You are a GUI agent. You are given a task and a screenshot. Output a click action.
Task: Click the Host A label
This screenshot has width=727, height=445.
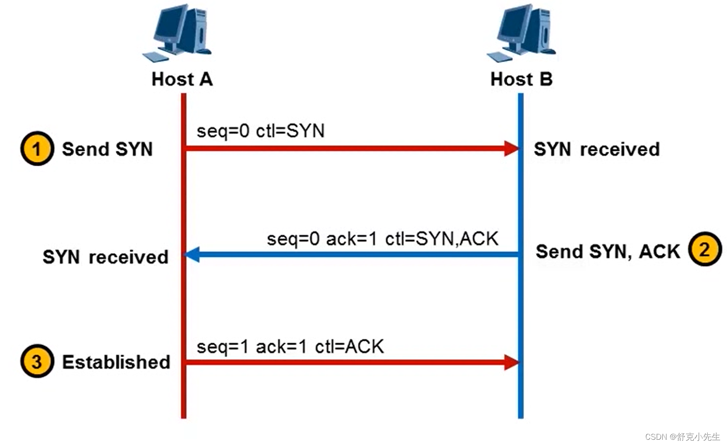tap(182, 80)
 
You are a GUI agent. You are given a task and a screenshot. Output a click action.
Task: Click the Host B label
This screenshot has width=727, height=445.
tap(521, 80)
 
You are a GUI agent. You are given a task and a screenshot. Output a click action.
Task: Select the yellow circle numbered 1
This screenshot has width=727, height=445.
tap(37, 149)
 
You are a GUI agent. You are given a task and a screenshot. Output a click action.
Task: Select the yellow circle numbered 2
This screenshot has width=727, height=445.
tap(704, 249)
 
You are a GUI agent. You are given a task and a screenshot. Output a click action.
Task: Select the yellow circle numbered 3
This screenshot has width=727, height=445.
tap(37, 362)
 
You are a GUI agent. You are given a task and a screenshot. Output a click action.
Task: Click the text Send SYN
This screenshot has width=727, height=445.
tap(107, 149)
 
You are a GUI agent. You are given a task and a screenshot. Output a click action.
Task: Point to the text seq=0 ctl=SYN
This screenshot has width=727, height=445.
tap(260, 131)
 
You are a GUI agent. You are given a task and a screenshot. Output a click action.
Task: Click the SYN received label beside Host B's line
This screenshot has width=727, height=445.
tap(596, 149)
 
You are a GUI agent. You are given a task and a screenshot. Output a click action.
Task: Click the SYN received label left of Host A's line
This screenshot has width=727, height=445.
tap(105, 257)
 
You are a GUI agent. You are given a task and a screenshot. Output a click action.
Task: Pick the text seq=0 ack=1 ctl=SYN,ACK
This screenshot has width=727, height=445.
tap(382, 239)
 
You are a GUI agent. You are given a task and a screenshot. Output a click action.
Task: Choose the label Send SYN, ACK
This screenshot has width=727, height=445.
tap(608, 251)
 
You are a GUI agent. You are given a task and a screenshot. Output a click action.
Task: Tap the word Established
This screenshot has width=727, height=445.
tap(116, 362)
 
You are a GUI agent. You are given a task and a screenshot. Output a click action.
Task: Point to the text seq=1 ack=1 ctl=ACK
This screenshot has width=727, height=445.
tap(290, 347)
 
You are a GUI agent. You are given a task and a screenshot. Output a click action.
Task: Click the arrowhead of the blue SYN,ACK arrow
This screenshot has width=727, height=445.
tap(192, 254)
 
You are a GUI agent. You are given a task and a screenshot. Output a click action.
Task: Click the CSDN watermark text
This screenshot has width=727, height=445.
tap(682, 436)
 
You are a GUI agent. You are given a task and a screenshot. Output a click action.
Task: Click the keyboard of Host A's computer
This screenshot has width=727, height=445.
tap(155, 56)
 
